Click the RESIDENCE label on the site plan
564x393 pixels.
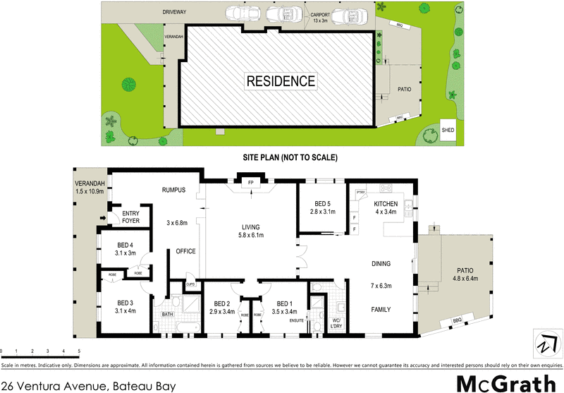[281, 80]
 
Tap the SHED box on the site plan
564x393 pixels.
[448, 130]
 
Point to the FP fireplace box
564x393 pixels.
[250, 183]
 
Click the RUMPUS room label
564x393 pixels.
[173, 189]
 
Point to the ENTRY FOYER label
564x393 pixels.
[131, 217]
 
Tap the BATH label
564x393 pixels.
[167, 314]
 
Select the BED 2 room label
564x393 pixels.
[222, 307]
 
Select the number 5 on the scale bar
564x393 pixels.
[79, 351]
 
